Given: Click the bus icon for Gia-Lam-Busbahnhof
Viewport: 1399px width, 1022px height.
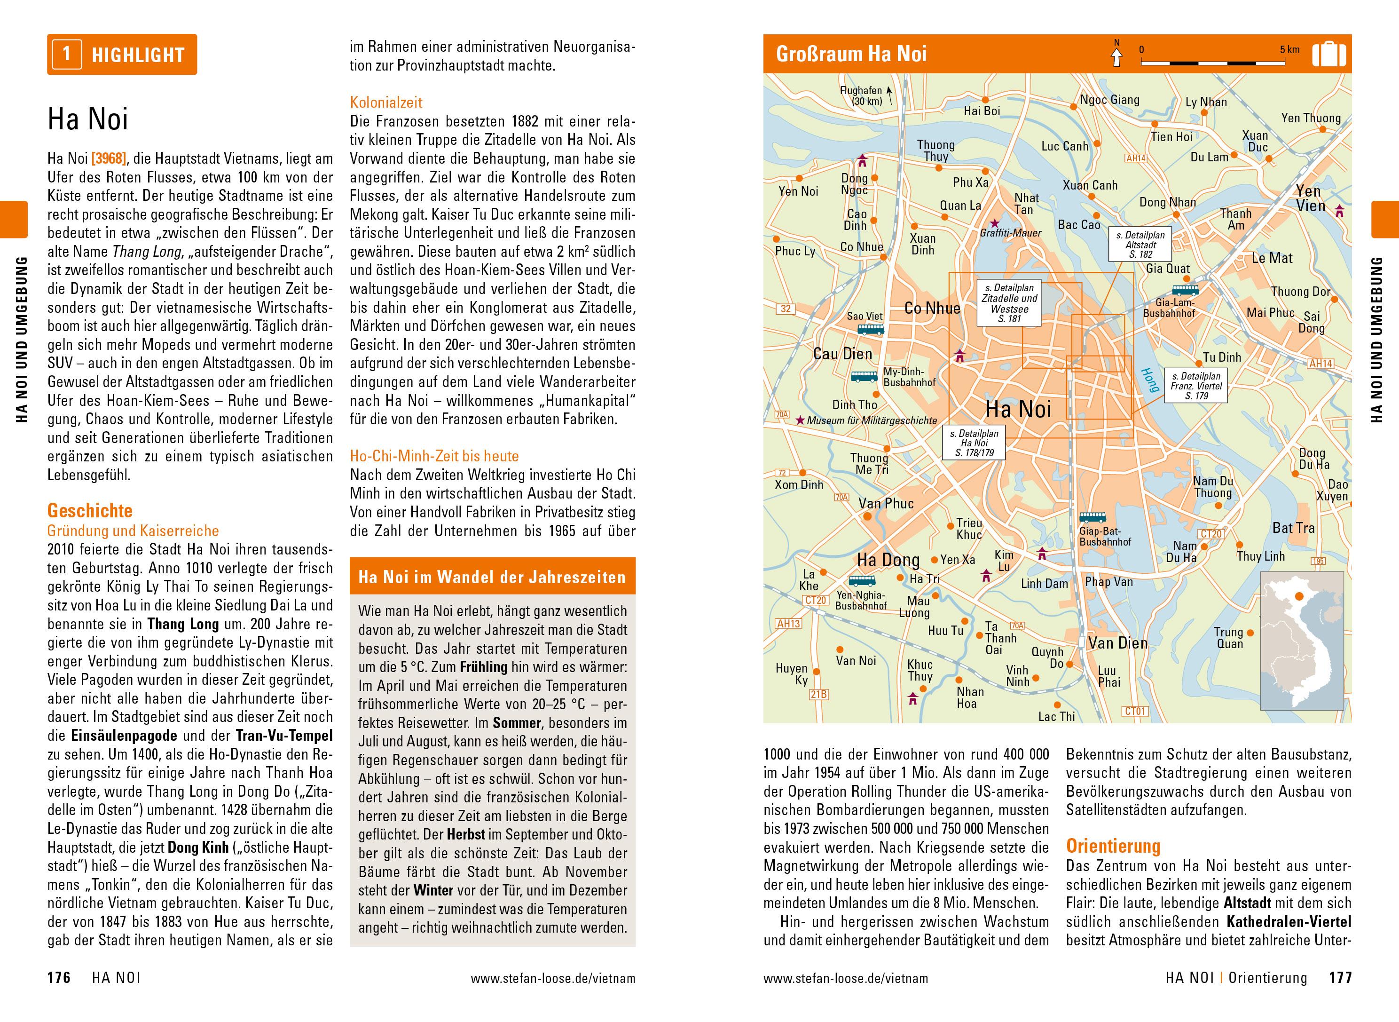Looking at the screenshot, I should point(1185,290).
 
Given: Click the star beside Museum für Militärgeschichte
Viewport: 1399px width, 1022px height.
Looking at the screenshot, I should point(800,420).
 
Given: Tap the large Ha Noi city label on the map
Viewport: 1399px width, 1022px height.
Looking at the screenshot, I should point(1018,409).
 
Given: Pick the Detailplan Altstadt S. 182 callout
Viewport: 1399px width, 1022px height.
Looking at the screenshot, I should point(1140,245).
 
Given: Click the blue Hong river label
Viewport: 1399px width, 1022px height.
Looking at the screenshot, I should point(1148,380).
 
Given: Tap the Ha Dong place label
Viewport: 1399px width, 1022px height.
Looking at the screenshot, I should point(888,560).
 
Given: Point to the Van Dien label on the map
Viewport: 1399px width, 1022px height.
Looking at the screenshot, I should point(1118,643).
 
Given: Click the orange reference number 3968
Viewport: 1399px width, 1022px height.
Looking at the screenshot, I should point(109,158).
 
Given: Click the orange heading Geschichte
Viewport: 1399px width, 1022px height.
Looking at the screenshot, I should point(90,510).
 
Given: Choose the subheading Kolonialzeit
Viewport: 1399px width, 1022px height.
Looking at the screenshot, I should point(386,102).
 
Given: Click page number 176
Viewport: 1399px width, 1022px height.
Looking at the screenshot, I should point(59,977).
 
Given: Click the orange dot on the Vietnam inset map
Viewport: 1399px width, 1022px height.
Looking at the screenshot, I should point(1299,596).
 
